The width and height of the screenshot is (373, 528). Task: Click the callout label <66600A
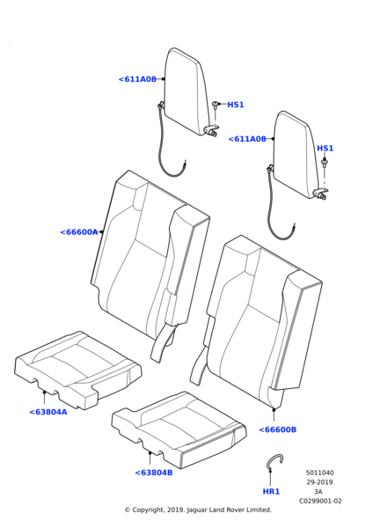[x=79, y=232]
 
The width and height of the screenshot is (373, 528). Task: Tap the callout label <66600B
[x=278, y=429]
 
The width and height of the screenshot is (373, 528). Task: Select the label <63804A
[x=48, y=412]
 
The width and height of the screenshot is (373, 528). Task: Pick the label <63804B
[x=154, y=473]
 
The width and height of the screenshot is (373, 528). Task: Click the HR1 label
[x=271, y=492]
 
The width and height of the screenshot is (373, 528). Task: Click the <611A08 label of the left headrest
[x=137, y=79]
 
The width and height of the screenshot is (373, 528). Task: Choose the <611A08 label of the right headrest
[x=247, y=139]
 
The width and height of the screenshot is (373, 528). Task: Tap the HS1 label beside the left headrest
[x=236, y=105]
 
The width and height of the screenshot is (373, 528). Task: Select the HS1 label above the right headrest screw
[x=325, y=148]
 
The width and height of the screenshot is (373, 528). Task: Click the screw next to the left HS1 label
[x=215, y=105]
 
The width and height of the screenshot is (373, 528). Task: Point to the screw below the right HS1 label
[x=325, y=164]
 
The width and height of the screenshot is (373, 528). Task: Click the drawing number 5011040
[x=320, y=473]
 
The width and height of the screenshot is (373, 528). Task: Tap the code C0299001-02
[x=320, y=501]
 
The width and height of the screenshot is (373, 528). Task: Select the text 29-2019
[x=319, y=482]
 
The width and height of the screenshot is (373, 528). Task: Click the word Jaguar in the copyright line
[x=198, y=510]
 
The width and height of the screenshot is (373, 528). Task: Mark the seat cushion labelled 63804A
[x=78, y=370]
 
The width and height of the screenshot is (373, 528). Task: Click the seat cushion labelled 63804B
[x=179, y=429]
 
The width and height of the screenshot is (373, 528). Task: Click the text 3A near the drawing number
[x=318, y=492]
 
